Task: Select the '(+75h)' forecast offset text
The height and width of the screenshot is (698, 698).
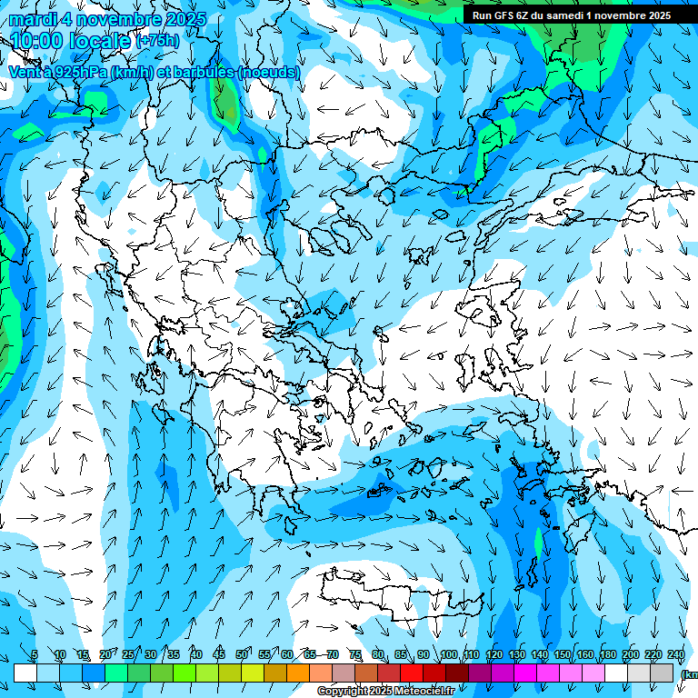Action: coord(157,41)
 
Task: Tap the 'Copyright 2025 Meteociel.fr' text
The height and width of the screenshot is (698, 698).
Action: coord(385,692)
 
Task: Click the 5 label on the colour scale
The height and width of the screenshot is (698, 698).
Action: coord(34,655)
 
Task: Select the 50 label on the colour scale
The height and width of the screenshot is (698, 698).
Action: coord(241,655)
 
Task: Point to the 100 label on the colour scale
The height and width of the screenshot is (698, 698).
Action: coord(448,655)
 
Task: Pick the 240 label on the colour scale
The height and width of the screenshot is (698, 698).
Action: coord(676,655)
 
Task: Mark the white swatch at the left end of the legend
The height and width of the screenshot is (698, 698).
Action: coord(25,673)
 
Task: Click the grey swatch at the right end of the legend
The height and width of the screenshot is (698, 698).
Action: coord(663,673)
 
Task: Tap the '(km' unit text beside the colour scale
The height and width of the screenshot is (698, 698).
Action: coord(690,673)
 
